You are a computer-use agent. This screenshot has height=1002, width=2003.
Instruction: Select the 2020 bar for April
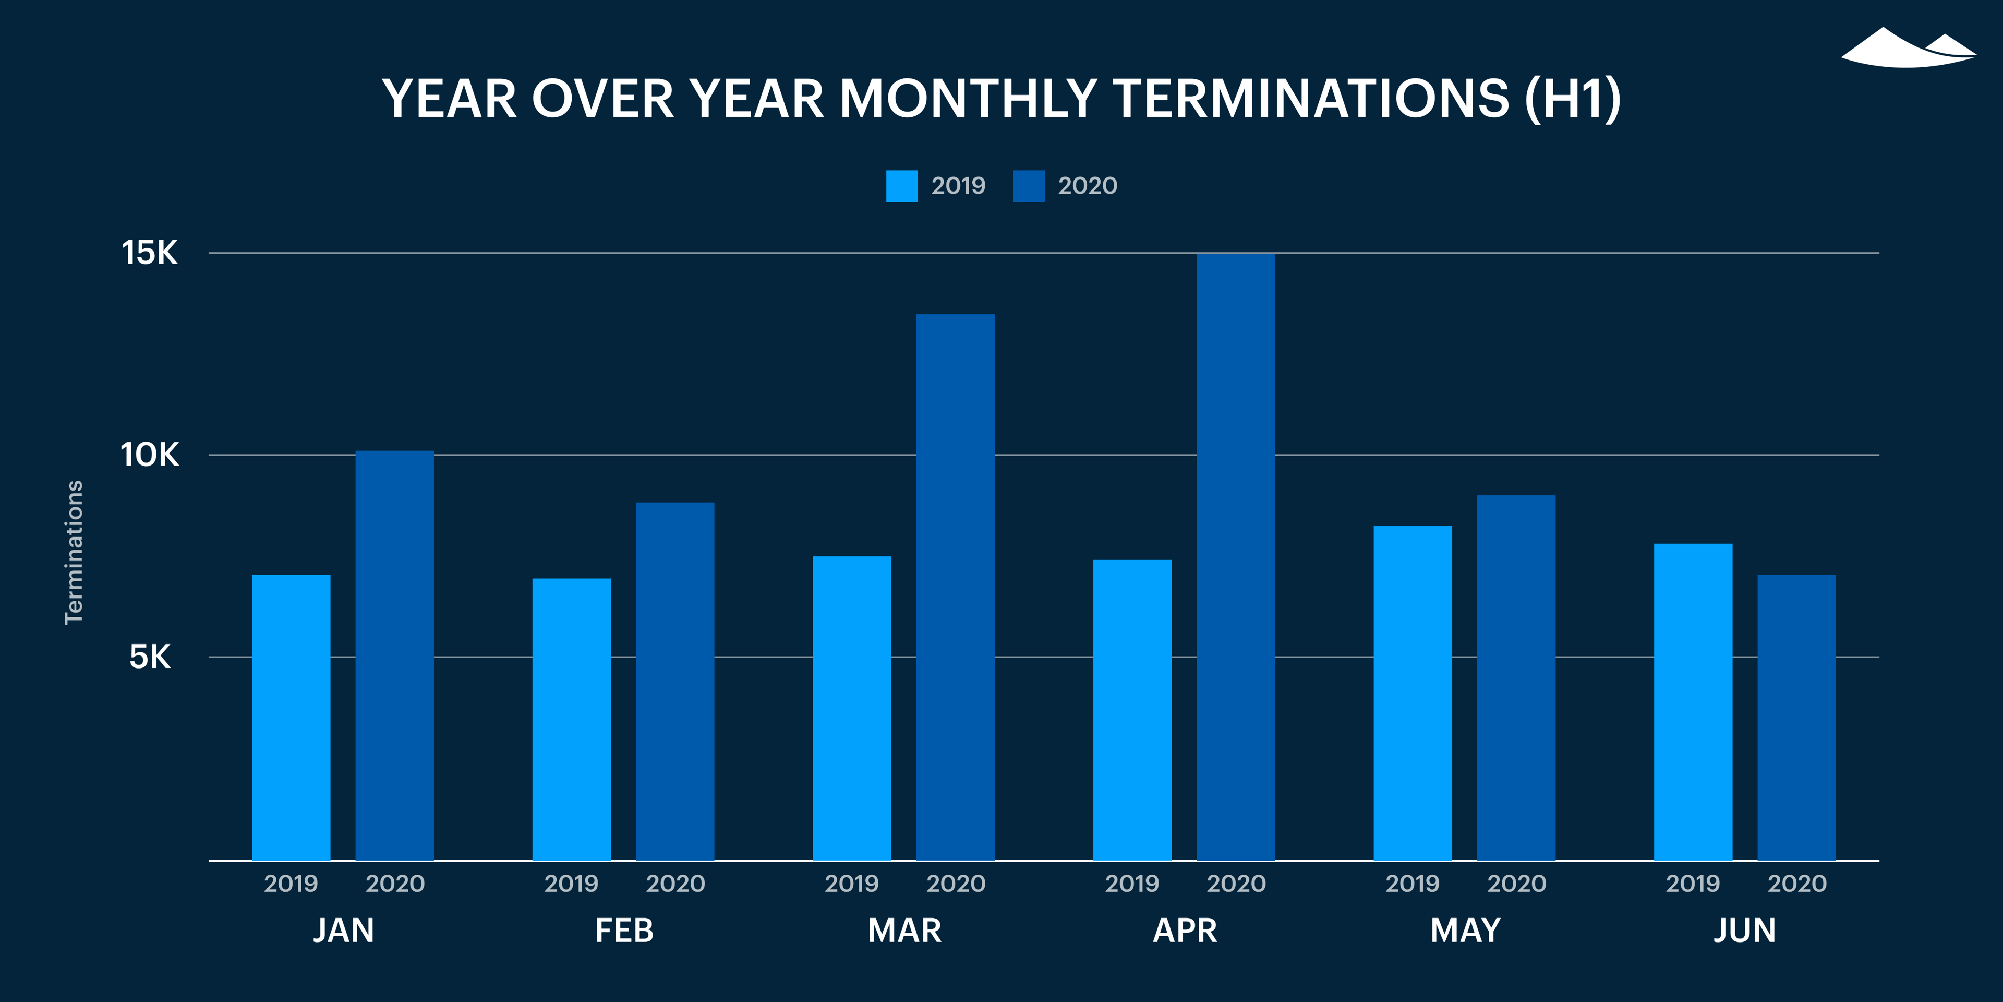tap(1236, 556)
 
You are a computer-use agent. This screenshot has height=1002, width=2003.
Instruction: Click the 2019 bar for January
tap(291, 717)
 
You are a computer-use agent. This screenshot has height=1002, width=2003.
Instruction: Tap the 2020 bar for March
tap(955, 587)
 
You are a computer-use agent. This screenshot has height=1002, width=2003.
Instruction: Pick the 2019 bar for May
tap(1412, 693)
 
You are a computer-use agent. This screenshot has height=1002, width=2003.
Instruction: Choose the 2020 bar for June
tap(1796, 717)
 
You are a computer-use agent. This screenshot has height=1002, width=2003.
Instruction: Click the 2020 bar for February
tap(675, 681)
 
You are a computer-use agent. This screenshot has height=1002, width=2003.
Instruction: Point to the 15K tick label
tap(149, 253)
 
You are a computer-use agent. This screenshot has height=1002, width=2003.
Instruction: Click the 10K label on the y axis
tap(149, 455)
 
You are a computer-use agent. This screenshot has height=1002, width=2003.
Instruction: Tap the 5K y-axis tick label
tap(149, 658)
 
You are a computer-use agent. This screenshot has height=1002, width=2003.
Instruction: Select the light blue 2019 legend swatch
tap(901, 186)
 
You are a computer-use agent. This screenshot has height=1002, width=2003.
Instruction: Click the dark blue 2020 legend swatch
tap(1028, 186)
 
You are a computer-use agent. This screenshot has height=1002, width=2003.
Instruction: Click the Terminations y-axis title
tap(73, 552)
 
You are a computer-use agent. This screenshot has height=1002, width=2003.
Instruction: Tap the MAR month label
tap(904, 931)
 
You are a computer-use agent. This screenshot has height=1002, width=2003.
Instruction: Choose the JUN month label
tap(1745, 931)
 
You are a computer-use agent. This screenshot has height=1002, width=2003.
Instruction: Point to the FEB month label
tap(624, 931)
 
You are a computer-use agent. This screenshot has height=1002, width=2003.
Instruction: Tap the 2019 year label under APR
tap(1131, 884)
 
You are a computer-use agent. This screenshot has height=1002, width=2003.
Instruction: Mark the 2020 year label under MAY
tap(1516, 884)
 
